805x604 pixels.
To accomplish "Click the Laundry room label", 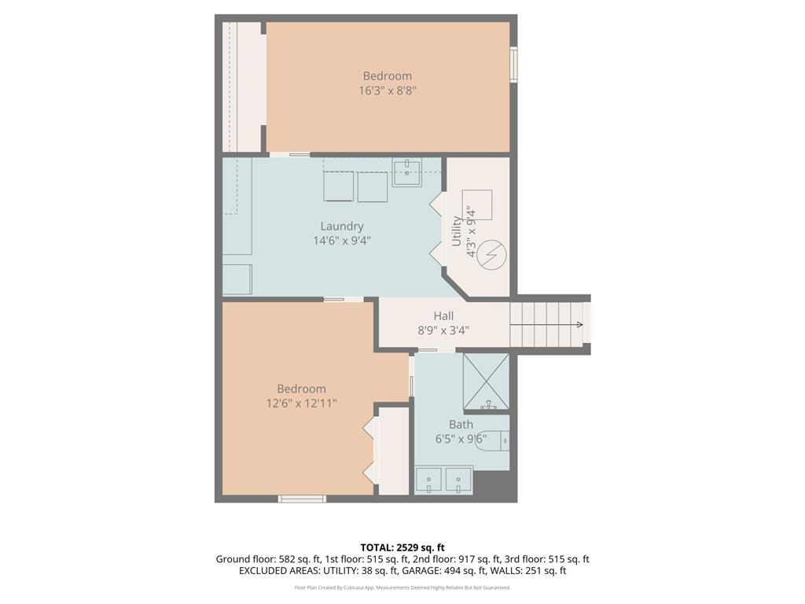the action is [342, 226].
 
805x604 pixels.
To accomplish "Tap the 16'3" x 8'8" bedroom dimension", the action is [387, 91].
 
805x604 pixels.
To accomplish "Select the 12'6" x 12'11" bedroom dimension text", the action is [301, 403].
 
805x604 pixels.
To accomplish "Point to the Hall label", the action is [443, 315].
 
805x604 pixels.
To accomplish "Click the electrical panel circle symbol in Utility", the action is [491, 254].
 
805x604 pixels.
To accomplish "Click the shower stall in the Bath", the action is [486, 383].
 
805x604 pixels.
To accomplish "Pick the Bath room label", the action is [461, 425].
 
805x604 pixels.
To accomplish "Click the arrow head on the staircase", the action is [579, 325].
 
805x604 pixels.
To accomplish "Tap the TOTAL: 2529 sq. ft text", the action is [402, 547].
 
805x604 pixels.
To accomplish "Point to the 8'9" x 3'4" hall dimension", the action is [443, 330].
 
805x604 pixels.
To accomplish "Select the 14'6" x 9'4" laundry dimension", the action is [342, 241].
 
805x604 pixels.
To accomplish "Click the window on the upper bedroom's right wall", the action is [513, 64].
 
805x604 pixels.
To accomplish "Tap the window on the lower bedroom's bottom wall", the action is [302, 499].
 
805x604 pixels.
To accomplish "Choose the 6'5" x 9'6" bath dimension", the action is [461, 439].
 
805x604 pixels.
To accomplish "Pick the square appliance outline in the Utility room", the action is [477, 205].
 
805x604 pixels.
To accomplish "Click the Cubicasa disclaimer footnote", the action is [402, 587].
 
